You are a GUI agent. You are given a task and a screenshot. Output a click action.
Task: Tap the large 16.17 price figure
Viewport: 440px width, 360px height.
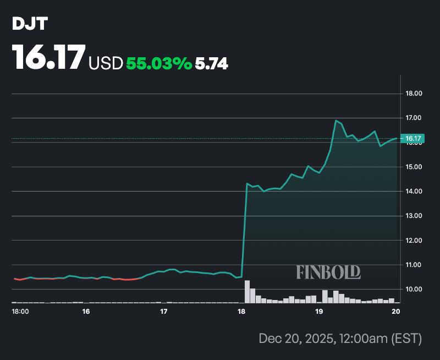[x=49, y=57]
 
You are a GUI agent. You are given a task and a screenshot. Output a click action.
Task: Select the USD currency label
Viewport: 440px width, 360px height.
[x=106, y=64]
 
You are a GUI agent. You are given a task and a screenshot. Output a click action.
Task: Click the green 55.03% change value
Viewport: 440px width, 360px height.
[x=159, y=64]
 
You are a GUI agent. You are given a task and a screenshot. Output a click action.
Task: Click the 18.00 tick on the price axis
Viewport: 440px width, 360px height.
[x=414, y=94]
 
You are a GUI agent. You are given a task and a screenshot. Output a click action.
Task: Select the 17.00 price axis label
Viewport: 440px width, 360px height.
[x=414, y=118]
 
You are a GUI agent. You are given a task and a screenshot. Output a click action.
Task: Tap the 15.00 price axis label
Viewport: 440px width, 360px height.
[x=414, y=167]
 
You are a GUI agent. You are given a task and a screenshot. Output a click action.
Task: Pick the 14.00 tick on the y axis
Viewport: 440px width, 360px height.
[x=414, y=192]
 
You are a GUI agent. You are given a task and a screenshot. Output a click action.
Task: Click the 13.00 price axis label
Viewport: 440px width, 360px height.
[x=414, y=216]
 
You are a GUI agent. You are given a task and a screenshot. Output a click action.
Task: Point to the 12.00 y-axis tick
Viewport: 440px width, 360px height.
[x=414, y=241]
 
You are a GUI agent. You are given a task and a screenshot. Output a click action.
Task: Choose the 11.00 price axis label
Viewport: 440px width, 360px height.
[x=414, y=265]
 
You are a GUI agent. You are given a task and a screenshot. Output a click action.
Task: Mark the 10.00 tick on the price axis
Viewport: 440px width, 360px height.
[x=414, y=290]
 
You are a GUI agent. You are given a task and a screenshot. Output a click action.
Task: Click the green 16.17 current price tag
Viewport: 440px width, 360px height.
[x=414, y=138]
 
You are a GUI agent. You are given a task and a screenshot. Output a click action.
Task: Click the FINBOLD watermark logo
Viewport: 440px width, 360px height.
[x=328, y=271]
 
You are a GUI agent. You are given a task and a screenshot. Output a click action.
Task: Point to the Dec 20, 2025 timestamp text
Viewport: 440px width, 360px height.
[x=340, y=339]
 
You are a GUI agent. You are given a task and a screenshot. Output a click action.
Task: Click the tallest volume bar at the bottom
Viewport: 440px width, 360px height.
[x=247, y=292]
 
